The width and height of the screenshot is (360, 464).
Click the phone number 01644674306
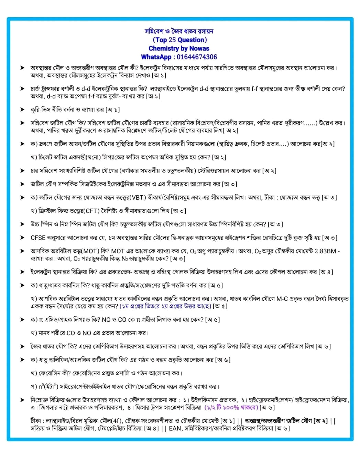coord(197,57)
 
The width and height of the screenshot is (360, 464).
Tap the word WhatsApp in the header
coord(156,57)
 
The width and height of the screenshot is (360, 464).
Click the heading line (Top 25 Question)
coord(179,40)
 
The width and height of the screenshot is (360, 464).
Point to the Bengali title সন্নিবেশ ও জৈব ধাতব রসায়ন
coord(179,31)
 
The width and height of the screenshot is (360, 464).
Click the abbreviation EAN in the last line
coord(175,428)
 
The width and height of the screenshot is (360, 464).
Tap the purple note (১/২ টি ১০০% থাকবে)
coord(231,408)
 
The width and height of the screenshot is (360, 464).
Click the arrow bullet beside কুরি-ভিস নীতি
coord(22,110)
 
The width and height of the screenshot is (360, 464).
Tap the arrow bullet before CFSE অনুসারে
coord(22,238)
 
